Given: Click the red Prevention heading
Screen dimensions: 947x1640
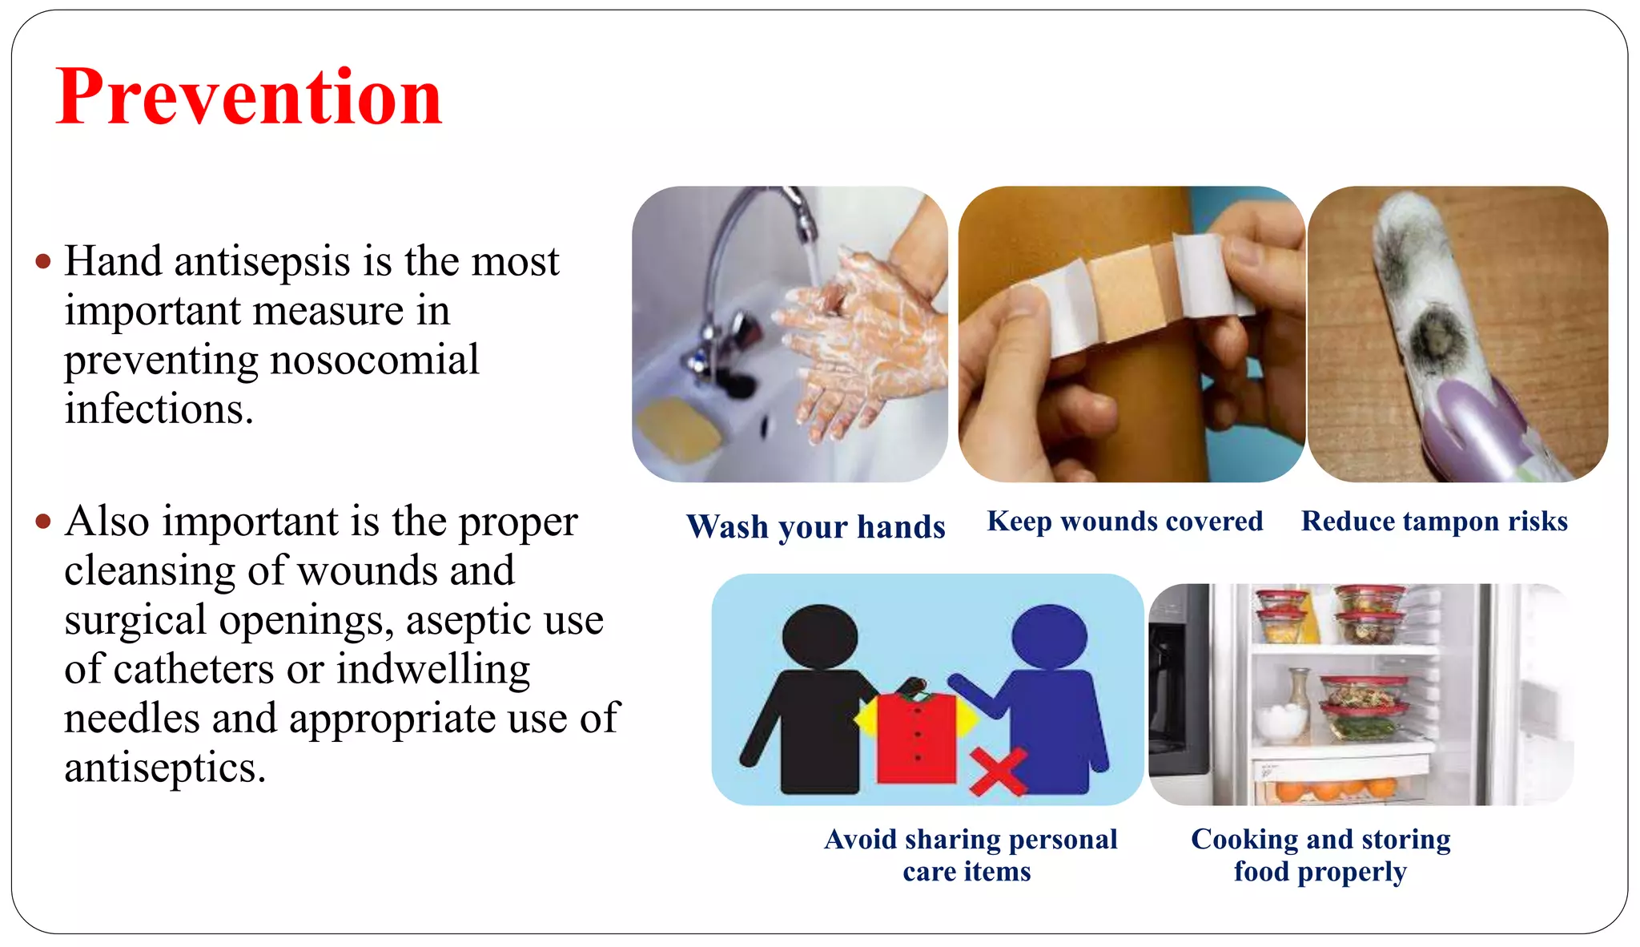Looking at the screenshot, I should click(248, 98).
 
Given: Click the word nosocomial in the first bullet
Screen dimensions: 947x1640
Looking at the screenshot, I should click(375, 360).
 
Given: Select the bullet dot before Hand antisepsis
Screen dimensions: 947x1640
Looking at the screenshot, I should click(43, 262).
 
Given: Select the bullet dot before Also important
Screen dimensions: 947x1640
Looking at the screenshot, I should click(43, 522).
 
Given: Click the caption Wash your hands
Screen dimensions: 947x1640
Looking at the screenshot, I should click(815, 527).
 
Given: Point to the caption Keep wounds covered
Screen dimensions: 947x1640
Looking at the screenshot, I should click(1124, 522).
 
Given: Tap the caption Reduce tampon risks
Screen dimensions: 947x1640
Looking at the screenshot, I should click(1433, 522).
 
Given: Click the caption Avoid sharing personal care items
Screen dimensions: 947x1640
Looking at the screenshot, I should click(969, 855).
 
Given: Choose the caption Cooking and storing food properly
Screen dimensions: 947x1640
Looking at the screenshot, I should click(1320, 855).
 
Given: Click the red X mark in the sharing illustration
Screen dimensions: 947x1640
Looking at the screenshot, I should click(997, 771).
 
